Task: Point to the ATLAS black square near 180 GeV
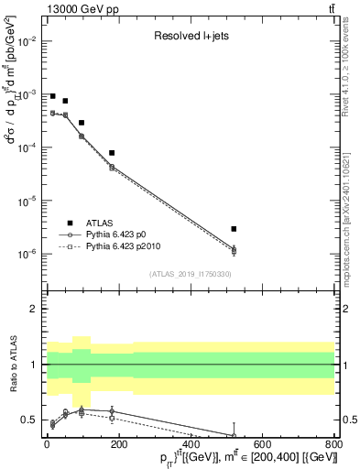112,153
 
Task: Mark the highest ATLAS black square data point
53,96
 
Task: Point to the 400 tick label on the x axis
190,444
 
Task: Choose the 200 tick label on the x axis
118,444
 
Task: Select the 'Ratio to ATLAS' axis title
13,365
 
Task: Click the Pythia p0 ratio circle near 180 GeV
112,411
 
